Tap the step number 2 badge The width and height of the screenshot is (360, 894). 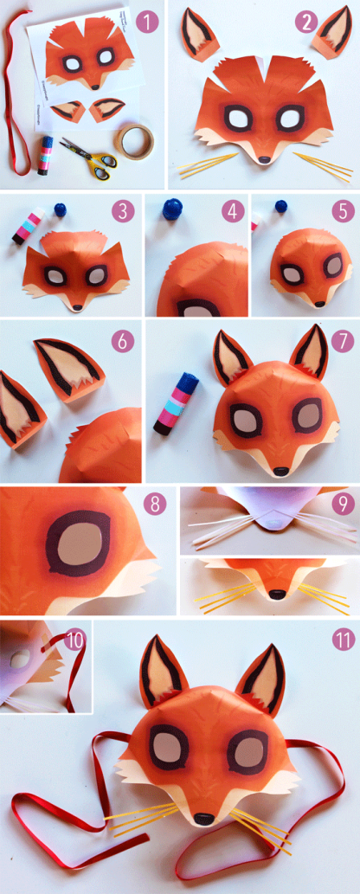click(306, 21)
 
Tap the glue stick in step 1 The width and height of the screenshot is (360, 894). click(43, 155)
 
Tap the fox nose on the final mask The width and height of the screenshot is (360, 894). click(201, 816)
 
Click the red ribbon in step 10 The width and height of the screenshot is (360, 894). click(67, 666)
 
